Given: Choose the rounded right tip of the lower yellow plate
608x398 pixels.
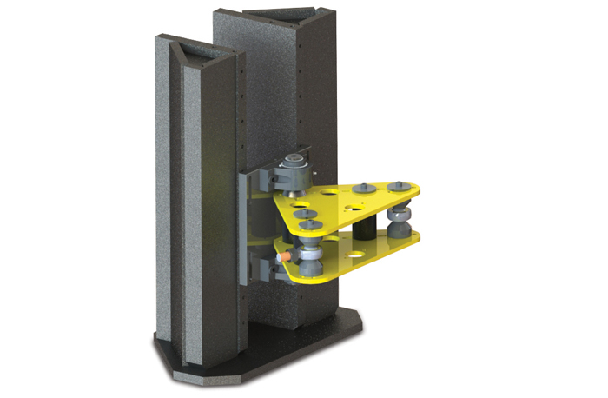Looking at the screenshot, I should [415, 239].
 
